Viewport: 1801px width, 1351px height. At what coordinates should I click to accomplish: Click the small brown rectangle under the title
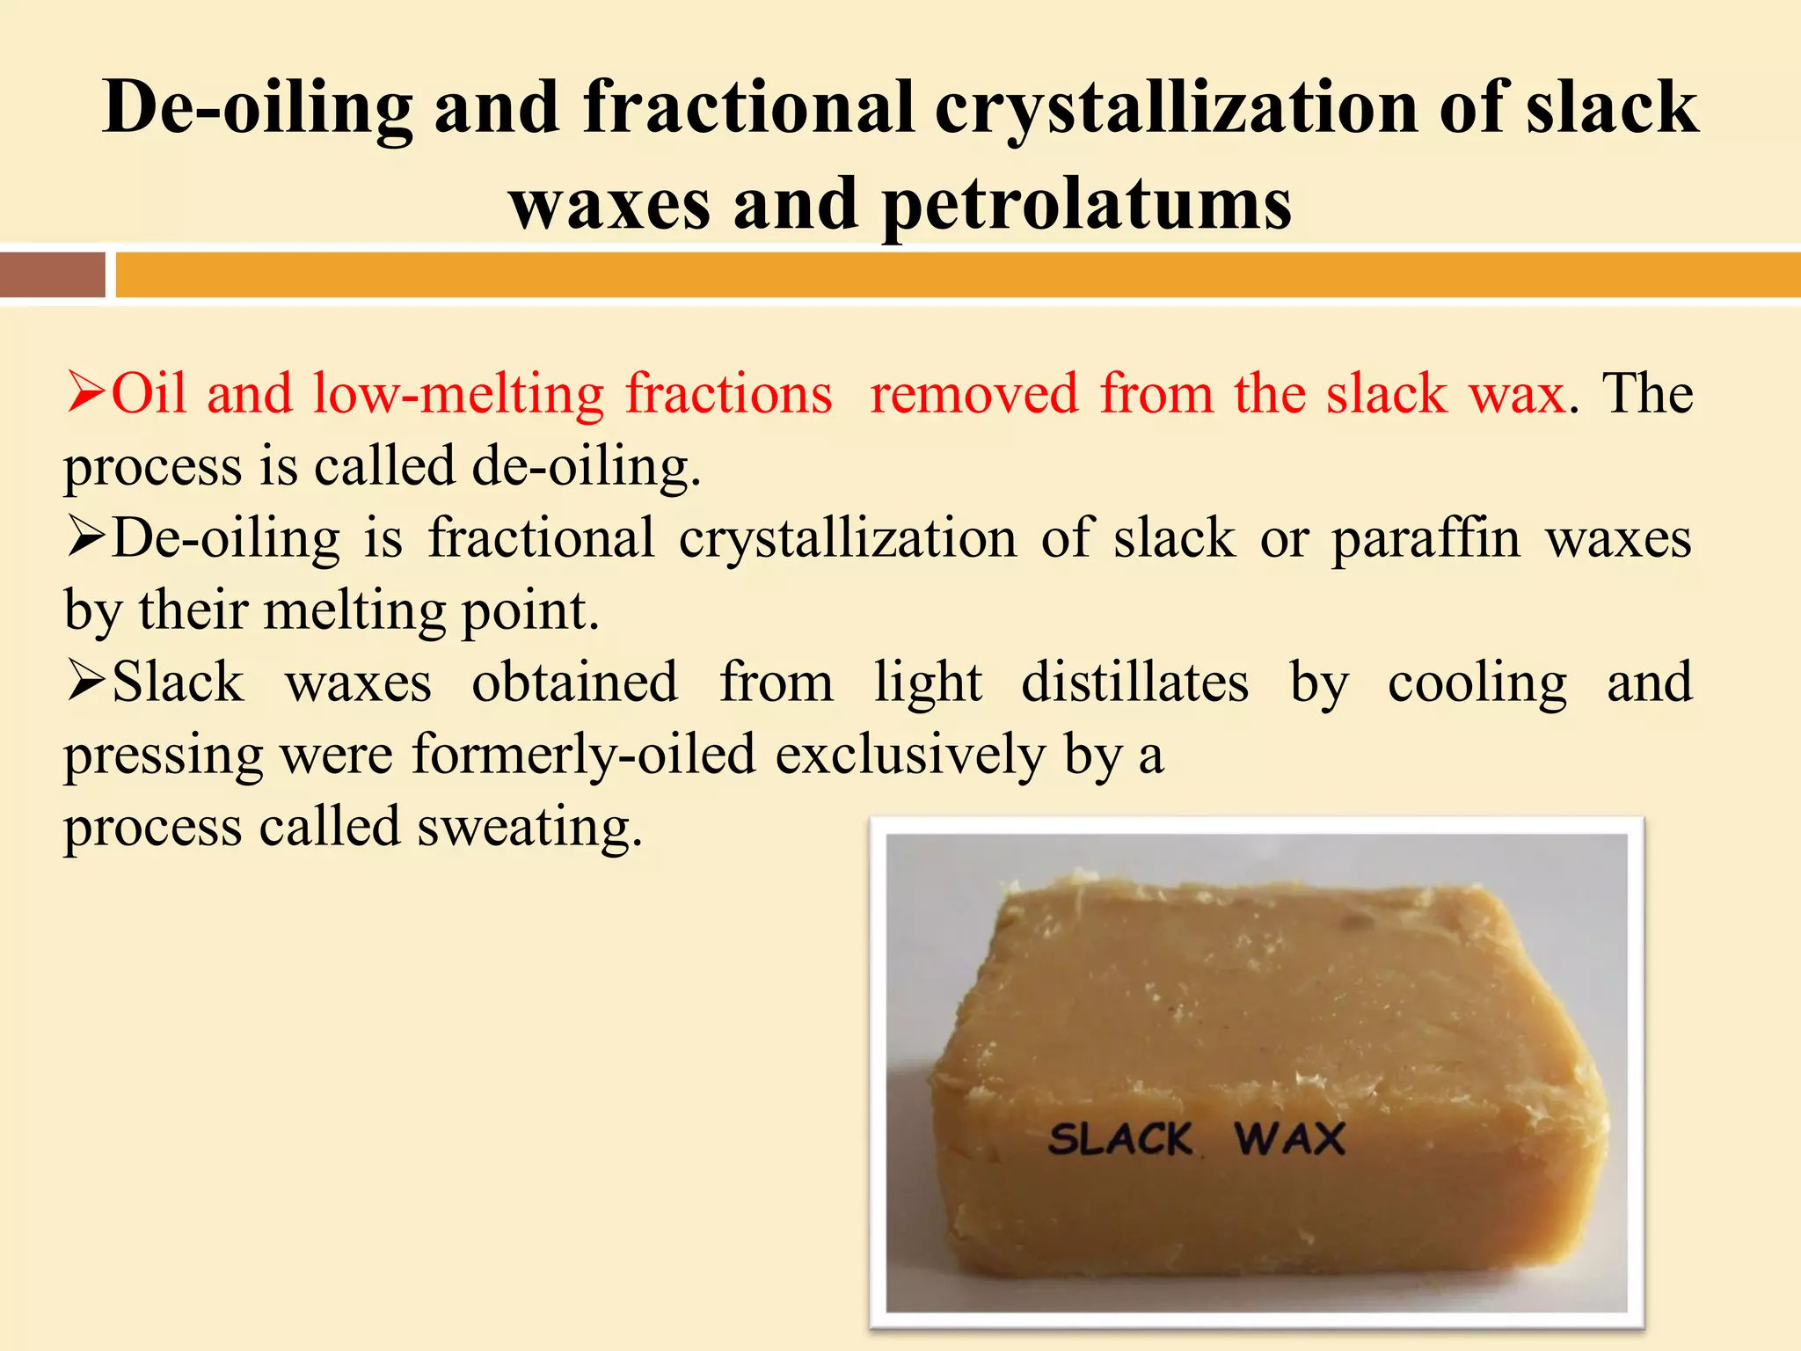(x=52, y=274)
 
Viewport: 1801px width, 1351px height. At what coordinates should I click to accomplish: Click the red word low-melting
(x=458, y=393)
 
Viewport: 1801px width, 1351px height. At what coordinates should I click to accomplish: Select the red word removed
(x=973, y=393)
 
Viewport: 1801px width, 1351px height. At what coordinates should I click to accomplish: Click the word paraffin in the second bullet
(x=1425, y=537)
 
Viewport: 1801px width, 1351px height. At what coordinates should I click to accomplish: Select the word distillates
(x=1134, y=683)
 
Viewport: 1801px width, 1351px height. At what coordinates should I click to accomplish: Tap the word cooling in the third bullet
(x=1477, y=683)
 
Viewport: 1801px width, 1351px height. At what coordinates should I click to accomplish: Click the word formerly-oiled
(x=584, y=755)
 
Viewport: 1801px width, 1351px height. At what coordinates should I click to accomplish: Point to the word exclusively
(x=910, y=755)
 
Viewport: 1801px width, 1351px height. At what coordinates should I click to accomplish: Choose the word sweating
(x=529, y=828)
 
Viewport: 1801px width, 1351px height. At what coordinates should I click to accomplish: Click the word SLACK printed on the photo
(x=1120, y=1139)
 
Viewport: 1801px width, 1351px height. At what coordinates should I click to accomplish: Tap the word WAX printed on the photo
(x=1290, y=1139)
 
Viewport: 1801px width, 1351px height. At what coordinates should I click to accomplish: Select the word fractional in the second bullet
(x=541, y=537)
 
